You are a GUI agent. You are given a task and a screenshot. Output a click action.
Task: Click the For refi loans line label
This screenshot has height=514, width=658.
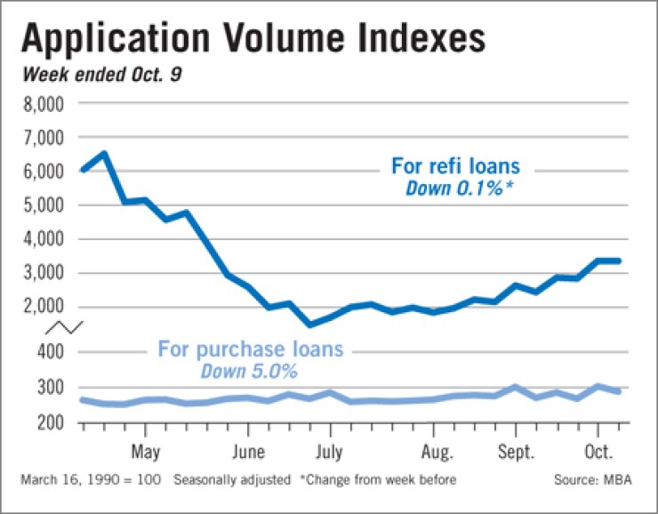[x=455, y=166]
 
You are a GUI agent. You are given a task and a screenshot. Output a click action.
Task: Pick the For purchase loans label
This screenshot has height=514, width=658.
[x=250, y=349]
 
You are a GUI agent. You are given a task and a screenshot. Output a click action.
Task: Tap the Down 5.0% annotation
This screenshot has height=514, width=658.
[x=248, y=370]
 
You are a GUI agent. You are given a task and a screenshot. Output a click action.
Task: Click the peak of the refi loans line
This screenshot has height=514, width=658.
[x=104, y=154]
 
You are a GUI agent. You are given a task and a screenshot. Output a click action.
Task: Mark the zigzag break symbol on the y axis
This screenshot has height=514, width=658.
[x=68, y=326]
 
